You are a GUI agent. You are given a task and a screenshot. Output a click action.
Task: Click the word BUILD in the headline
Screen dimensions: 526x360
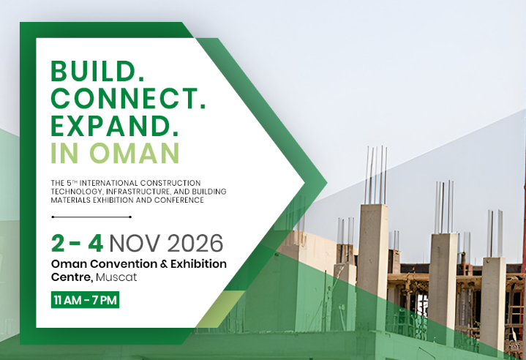(x=93, y=71)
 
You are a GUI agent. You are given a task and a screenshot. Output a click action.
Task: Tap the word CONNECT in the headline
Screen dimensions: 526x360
(x=124, y=98)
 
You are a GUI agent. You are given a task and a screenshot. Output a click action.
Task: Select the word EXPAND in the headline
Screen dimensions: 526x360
(x=110, y=126)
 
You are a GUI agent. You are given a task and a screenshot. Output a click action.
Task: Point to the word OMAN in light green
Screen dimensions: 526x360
(x=135, y=153)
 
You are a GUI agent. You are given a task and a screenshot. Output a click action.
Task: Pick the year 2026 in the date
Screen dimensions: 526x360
(x=195, y=243)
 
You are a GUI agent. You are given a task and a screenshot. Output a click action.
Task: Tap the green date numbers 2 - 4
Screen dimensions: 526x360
(x=77, y=243)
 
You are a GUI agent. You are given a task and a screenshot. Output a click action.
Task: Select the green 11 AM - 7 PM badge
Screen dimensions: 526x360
(x=85, y=299)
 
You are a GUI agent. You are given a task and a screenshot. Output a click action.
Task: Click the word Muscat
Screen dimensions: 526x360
(x=116, y=277)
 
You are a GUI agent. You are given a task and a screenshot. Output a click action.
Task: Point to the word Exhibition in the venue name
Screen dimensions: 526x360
(x=198, y=263)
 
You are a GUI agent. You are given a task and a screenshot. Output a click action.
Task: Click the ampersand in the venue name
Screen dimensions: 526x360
(x=164, y=264)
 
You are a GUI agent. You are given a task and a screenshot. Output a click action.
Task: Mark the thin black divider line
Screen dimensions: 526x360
(x=91, y=217)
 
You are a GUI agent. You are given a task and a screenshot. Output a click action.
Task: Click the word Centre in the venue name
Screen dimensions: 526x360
(x=72, y=277)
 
